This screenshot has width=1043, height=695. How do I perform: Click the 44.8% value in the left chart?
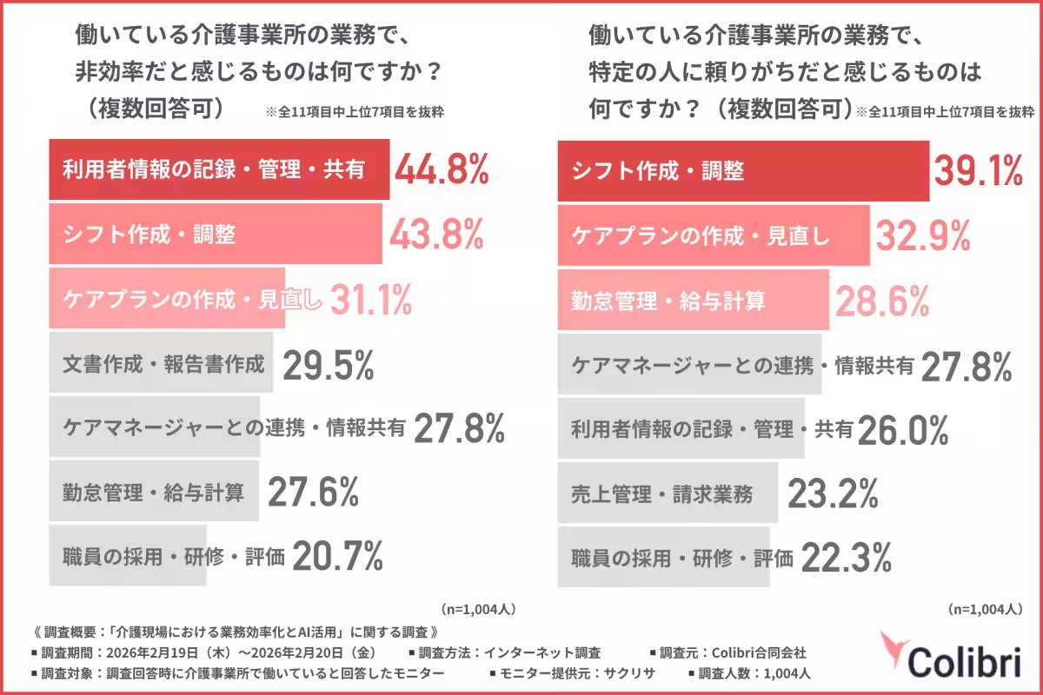442,170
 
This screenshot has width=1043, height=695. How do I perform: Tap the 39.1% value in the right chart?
978,170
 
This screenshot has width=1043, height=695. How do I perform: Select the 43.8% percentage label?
435,235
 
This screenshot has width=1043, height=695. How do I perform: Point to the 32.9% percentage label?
921,235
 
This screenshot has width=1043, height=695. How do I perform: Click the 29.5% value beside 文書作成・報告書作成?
328,365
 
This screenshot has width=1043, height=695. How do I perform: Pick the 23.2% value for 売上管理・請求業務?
833,494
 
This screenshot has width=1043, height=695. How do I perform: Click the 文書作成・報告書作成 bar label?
163,365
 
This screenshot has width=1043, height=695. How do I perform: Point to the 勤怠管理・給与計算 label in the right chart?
668,301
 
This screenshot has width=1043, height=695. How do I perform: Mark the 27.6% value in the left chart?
313,493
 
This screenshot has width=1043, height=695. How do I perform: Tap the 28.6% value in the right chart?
882,301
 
